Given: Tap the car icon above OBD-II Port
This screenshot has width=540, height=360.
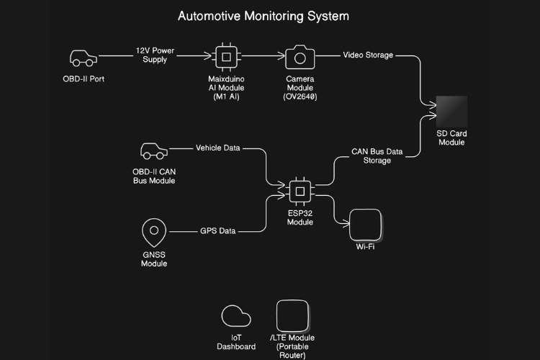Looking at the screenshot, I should click(82, 58).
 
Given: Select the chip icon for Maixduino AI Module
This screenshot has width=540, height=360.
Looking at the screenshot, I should click(226, 57).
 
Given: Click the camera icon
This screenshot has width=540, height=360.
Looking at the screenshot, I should click(300, 57).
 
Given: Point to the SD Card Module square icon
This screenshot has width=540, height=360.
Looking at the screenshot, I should click(451, 112).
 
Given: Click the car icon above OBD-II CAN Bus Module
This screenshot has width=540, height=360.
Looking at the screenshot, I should click(153, 151).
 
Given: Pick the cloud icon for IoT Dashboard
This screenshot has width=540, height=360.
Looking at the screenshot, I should click(236, 316).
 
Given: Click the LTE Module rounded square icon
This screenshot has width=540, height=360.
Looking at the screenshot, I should click(292, 315).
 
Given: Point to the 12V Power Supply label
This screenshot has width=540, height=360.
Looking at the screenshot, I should click(155, 55).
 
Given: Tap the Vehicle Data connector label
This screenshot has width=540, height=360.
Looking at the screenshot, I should click(217, 148).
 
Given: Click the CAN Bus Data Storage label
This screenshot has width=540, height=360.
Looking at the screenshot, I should click(377, 156).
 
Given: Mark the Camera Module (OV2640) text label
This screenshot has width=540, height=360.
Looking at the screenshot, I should click(300, 87).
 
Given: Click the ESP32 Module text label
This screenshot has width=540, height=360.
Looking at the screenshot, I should click(300, 217).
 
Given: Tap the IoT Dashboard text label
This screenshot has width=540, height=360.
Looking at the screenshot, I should click(236, 342).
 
